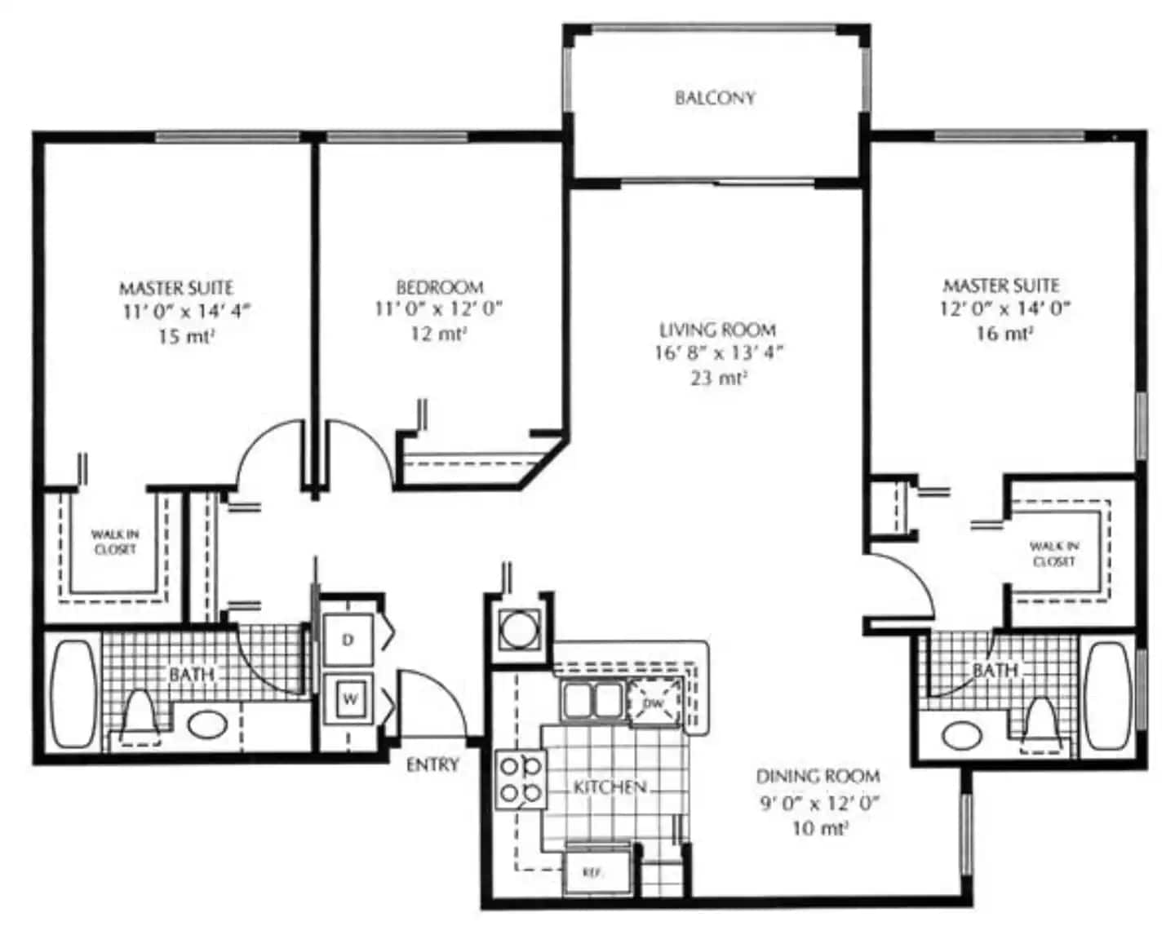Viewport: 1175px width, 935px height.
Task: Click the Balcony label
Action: pyautogui.click(x=715, y=98)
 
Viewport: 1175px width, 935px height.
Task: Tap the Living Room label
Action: pyautogui.click(x=717, y=330)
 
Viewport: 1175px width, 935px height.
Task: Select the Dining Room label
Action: pyautogui.click(x=818, y=776)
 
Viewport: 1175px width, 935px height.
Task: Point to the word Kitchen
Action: pyautogui.click(x=610, y=787)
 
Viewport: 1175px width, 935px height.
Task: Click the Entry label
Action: pyautogui.click(x=432, y=765)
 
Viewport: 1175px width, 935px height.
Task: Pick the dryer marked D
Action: pyautogui.click(x=348, y=640)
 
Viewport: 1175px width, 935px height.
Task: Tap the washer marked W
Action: pyautogui.click(x=349, y=699)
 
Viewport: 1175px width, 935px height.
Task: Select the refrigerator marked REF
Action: pyautogui.click(x=597, y=873)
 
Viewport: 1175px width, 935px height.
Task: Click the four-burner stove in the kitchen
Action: pyautogui.click(x=521, y=779)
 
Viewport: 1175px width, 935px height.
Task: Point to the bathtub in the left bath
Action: pyautogui.click(x=73, y=694)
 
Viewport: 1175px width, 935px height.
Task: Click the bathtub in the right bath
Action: pyautogui.click(x=1107, y=697)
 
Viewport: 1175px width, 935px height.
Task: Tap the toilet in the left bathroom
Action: pyautogui.click(x=140, y=716)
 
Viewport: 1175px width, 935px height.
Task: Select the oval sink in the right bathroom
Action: pyautogui.click(x=962, y=735)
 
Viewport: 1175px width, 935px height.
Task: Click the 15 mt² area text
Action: pyautogui.click(x=186, y=337)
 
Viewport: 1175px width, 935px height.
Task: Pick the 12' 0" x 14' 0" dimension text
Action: pyautogui.click(x=1004, y=309)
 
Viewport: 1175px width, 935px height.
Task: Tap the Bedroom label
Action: pyautogui.click(x=440, y=287)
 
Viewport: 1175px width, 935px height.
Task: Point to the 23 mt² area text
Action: pyautogui.click(x=719, y=378)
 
